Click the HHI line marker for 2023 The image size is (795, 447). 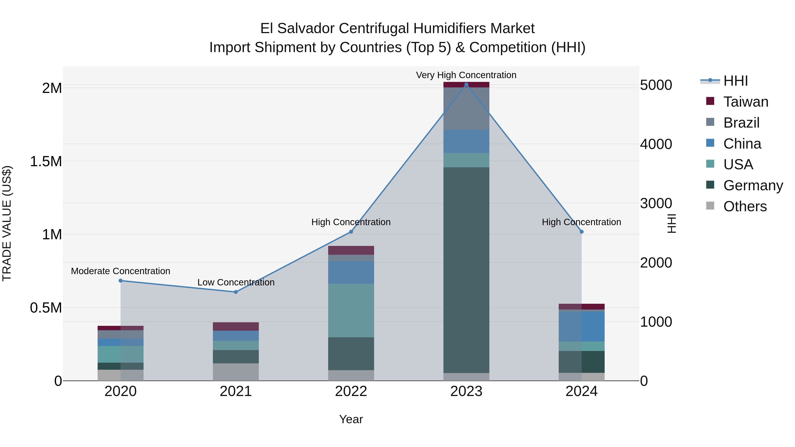[466, 85]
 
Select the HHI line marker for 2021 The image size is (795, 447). [236, 292]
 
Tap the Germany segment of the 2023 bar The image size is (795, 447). [466, 270]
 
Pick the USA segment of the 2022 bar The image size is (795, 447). [351, 310]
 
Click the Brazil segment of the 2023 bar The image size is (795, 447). [466, 109]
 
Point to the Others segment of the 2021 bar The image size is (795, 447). [236, 372]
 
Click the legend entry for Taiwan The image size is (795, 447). [745, 102]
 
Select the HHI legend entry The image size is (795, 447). [735, 81]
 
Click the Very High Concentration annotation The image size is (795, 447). [466, 75]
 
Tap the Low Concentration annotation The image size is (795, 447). [236, 282]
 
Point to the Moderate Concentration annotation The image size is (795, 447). [120, 271]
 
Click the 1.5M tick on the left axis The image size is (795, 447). [46, 161]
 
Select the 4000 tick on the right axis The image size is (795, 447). [656, 144]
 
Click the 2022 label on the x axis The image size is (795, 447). [351, 391]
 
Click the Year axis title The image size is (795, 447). [351, 419]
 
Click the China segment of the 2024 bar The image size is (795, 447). [581, 326]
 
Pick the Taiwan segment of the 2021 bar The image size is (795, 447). [236, 326]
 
